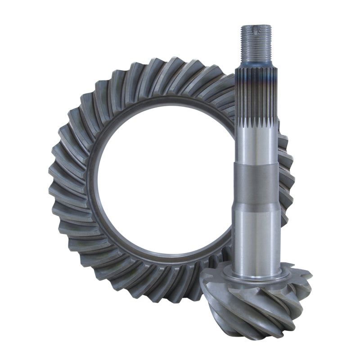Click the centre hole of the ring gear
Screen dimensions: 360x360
pos(162,180)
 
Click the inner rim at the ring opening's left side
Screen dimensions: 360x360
pos(92,180)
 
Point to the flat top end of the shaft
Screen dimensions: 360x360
pos(256,26)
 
